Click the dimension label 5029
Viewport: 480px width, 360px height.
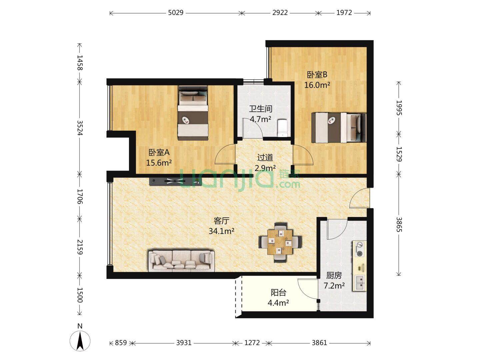click(x=176, y=13)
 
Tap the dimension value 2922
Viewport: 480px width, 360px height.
click(x=280, y=13)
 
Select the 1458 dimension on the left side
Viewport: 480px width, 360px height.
click(x=80, y=63)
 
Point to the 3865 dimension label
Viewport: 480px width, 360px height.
click(x=399, y=224)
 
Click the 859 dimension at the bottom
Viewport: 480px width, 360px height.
click(x=121, y=343)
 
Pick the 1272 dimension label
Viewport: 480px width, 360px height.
click(x=252, y=343)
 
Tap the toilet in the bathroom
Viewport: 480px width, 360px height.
click(x=282, y=128)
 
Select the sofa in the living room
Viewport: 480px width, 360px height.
click(x=181, y=261)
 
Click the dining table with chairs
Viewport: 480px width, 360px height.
click(x=280, y=242)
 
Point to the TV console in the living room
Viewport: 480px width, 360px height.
click(x=175, y=181)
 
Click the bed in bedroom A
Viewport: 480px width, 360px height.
click(x=193, y=113)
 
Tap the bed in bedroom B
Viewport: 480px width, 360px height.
click(x=339, y=128)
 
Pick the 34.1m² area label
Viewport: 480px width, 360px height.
click(x=221, y=231)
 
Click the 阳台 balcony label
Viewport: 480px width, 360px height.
click(x=278, y=292)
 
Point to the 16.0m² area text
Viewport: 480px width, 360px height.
click(x=317, y=85)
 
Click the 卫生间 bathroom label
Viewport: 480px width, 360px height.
click(x=260, y=109)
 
